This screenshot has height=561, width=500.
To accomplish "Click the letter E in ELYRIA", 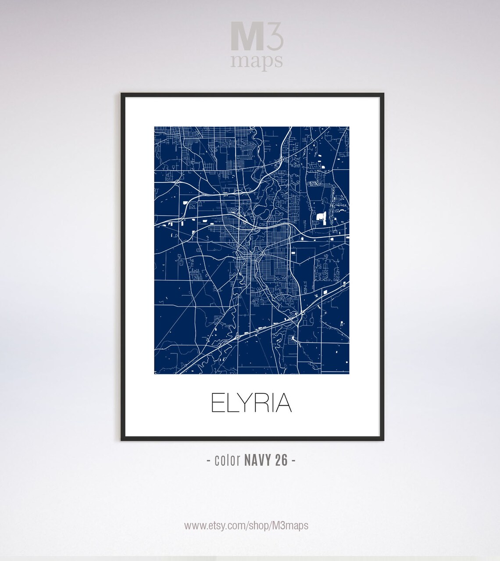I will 218,403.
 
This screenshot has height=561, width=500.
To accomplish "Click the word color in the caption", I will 227,461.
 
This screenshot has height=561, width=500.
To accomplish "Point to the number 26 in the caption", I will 282,461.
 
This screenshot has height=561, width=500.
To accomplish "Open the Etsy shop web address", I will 246,525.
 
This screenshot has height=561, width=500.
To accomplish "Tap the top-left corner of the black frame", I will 122,94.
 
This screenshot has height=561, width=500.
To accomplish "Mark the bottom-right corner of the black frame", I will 383,440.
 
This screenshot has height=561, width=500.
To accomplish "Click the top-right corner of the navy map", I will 349,127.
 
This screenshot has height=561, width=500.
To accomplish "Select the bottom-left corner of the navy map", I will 155,374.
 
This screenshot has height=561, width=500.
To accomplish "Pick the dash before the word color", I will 208,461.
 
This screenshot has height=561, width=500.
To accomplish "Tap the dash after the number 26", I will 293,461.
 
